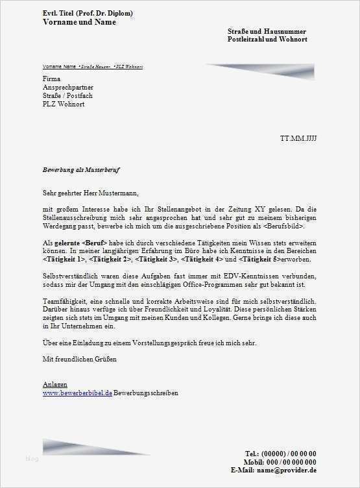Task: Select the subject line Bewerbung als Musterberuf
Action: (81, 169)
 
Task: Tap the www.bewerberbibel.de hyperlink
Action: (77, 393)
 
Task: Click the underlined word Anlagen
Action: (55, 385)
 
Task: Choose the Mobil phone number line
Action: (280, 461)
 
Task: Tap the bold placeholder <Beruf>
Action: (93, 242)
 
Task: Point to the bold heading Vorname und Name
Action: (79, 22)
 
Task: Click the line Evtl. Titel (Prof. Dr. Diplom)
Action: (89, 13)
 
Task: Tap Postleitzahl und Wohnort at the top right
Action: (267, 40)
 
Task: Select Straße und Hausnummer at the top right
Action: (267, 31)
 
